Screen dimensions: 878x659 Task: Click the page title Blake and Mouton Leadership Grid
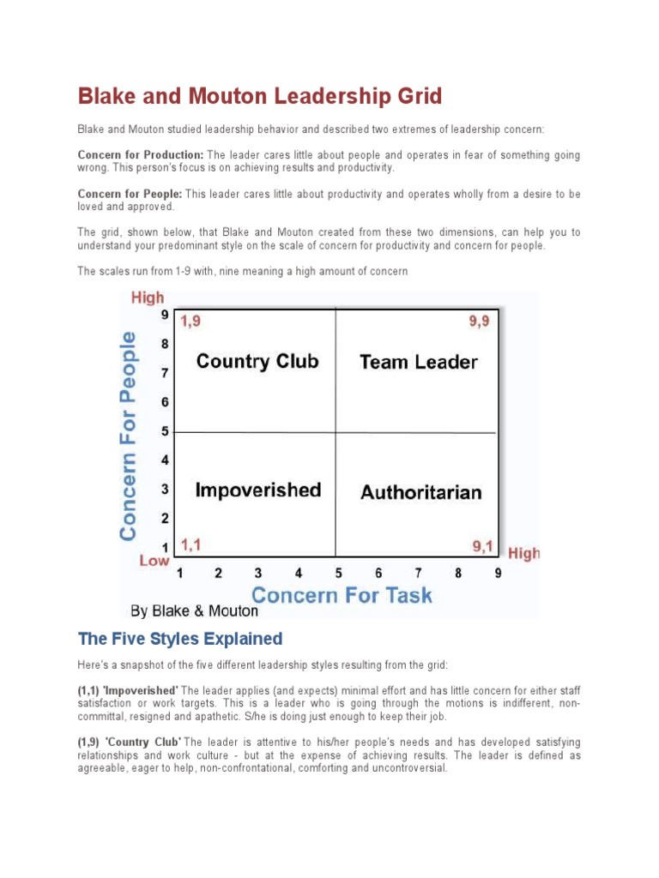coord(260,96)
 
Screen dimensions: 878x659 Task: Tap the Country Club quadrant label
coord(257,361)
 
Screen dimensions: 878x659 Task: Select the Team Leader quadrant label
coord(418,362)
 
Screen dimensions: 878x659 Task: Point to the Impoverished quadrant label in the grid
coord(257,490)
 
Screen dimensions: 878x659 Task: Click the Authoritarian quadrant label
coord(421,492)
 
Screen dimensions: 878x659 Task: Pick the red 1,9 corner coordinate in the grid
coord(191,321)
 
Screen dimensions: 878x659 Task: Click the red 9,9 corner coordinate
coord(478,321)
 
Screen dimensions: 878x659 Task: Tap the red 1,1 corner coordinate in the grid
coord(191,544)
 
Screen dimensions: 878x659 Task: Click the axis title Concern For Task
coord(341,594)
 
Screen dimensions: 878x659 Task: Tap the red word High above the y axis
coord(147,298)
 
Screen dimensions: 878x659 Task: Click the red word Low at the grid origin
coord(154,560)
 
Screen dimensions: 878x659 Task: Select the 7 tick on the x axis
coord(418,573)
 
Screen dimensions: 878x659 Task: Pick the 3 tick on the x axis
coord(258,573)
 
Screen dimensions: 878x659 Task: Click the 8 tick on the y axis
coord(165,344)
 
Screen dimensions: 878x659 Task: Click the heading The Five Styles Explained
coord(180,639)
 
